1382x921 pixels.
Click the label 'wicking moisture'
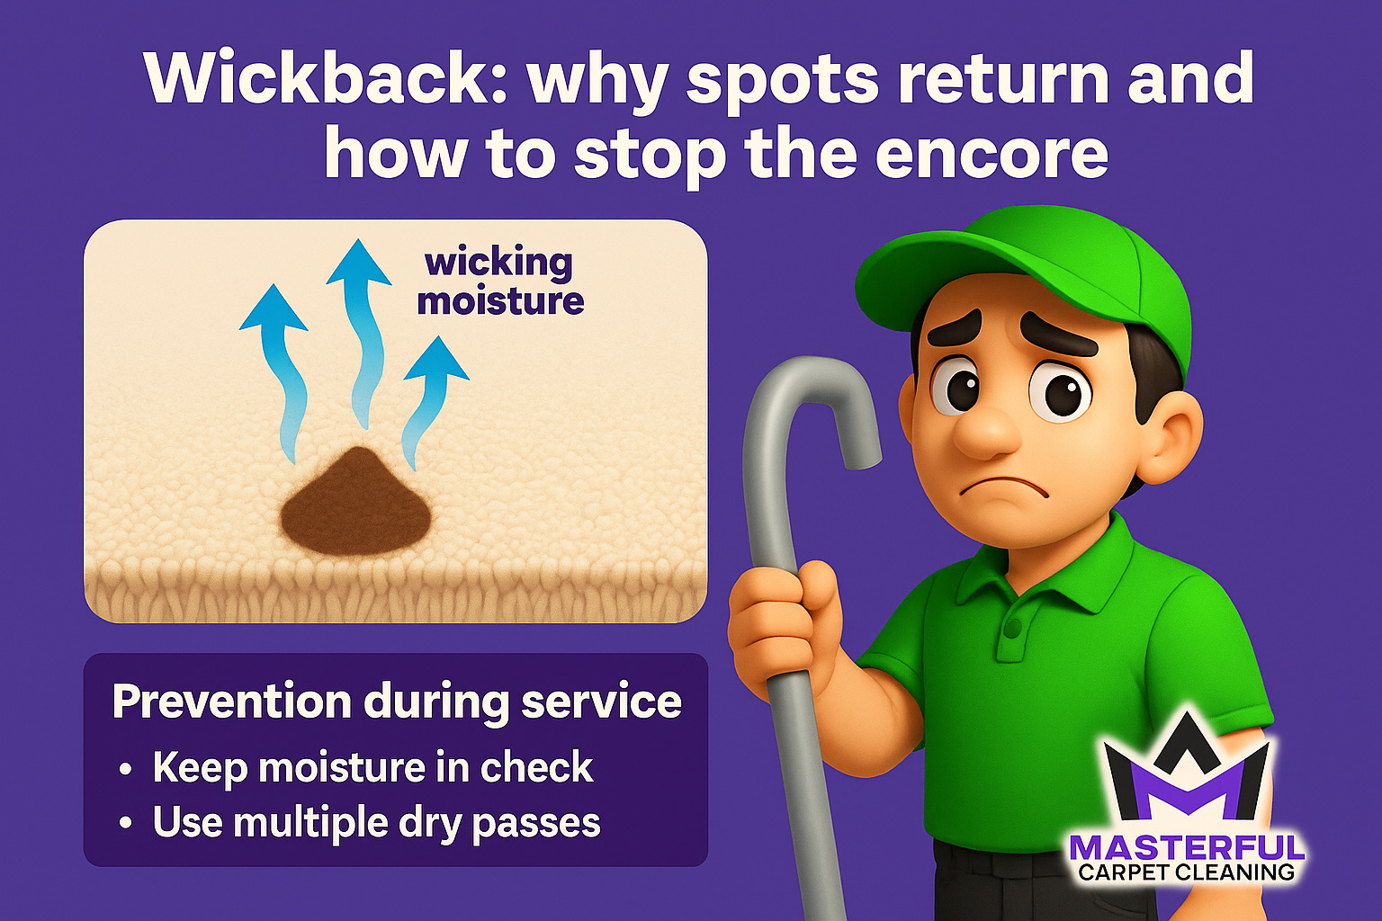500,281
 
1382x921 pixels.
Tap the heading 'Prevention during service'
396,702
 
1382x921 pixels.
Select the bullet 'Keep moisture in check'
372,767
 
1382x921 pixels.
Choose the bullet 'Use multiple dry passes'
376,822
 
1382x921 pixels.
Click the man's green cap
1026,270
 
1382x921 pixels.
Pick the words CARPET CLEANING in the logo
1186,872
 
